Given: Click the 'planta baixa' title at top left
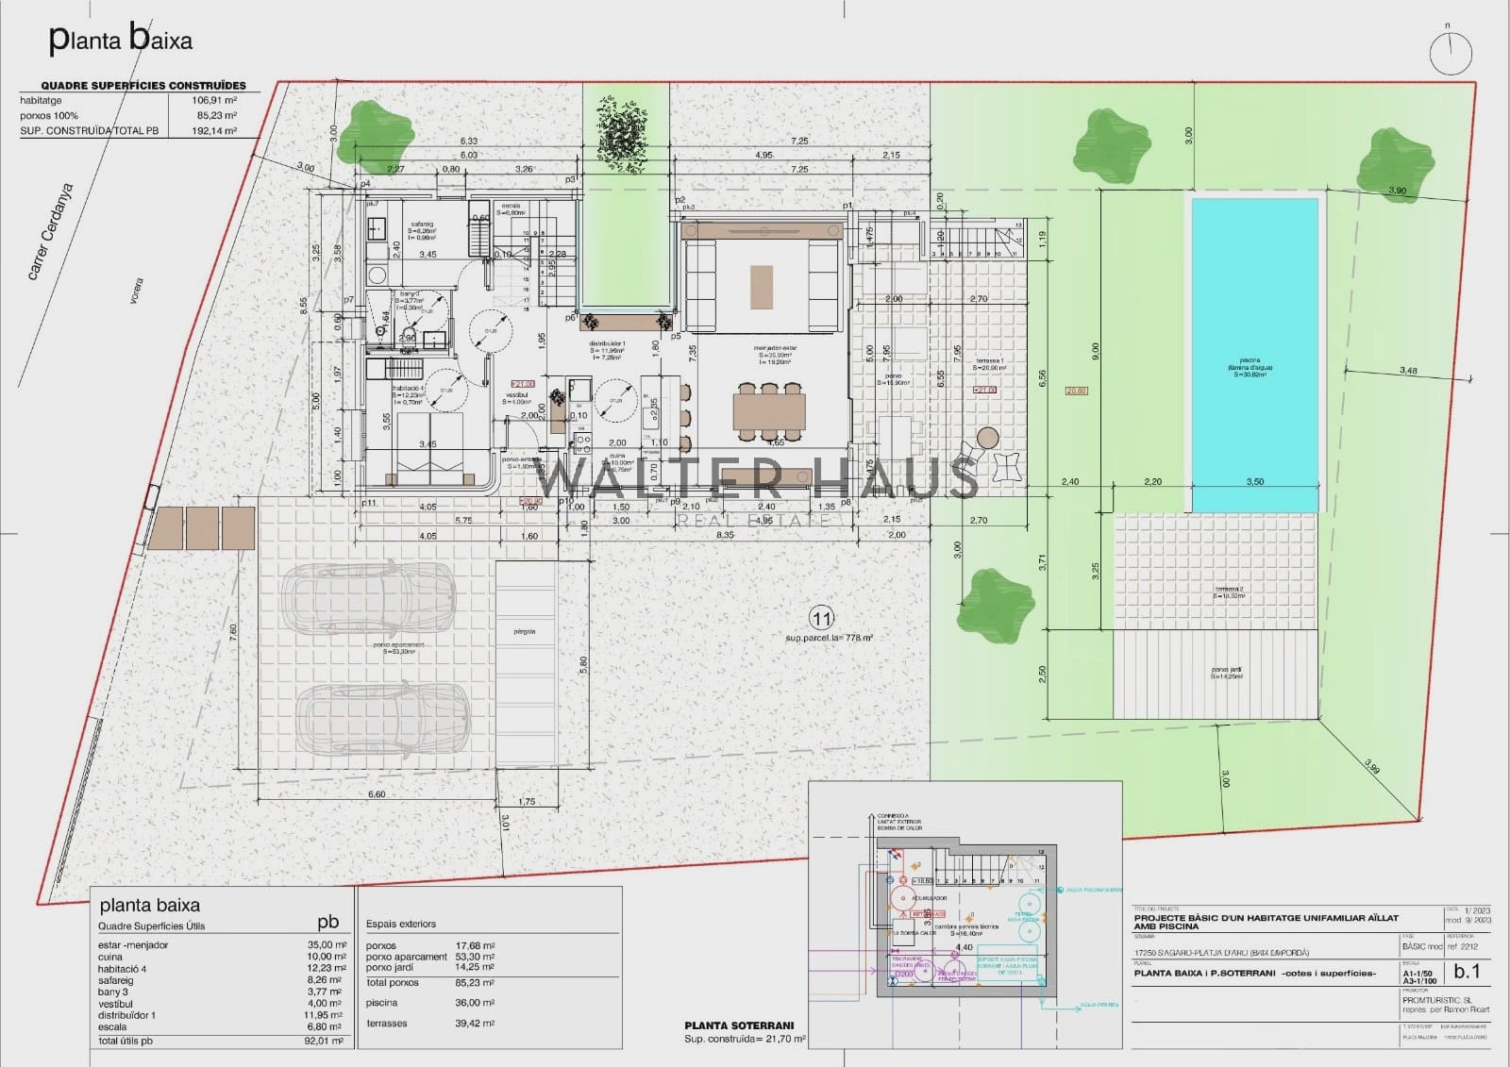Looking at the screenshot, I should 120,40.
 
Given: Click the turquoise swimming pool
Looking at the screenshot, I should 1254,355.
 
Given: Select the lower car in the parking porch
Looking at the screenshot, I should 383,717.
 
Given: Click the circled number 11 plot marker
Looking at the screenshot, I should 822,619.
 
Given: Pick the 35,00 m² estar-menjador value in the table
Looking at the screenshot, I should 327,944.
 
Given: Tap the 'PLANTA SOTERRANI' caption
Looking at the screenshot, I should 739,1025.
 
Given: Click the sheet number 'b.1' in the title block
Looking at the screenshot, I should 1468,971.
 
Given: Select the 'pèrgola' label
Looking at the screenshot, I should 526,631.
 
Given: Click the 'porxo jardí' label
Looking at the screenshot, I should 1226,672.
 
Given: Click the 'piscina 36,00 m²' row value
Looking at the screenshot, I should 476,1003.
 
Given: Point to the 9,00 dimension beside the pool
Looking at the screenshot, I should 1096,350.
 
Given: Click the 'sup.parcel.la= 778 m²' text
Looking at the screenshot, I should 829,639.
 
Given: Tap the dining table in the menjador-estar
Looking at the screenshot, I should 769,411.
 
